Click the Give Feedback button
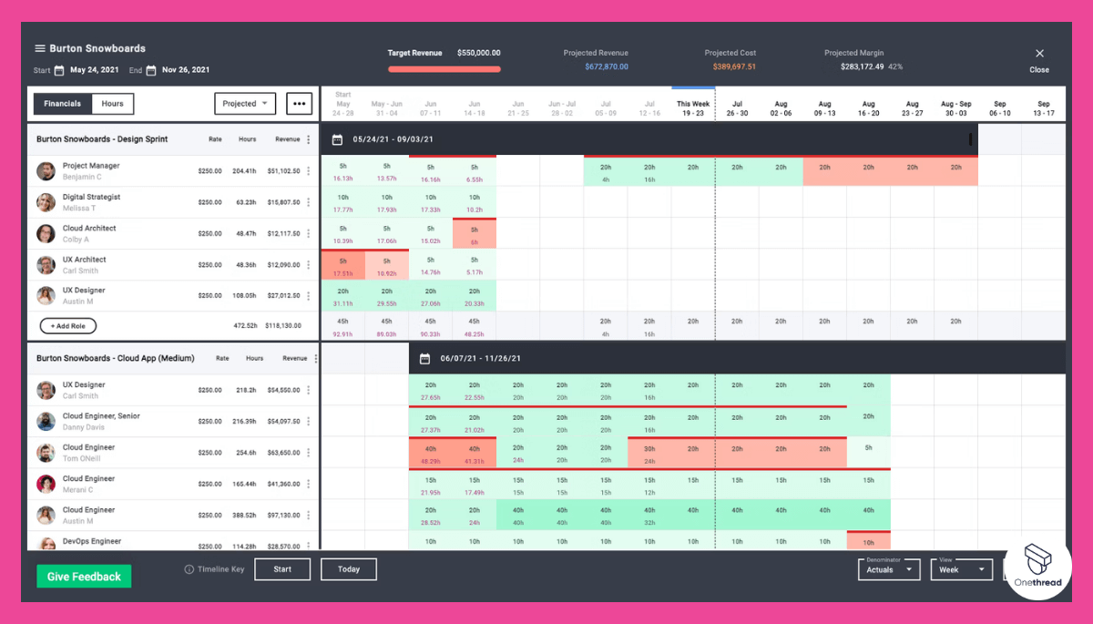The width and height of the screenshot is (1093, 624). point(84,577)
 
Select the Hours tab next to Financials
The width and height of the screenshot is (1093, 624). point(113,104)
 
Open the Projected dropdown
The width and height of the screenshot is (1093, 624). point(245,104)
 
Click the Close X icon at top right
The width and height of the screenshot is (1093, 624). point(1039,54)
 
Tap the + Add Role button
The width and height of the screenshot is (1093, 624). point(68,326)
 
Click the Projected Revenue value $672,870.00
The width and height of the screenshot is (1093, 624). point(607,66)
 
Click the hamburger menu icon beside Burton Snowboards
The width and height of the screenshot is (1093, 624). point(40,48)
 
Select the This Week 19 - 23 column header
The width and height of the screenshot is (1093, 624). point(693,109)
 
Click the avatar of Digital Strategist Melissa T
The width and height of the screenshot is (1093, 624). point(46,202)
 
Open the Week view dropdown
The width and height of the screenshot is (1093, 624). point(961,569)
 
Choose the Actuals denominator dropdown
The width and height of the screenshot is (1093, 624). point(889,569)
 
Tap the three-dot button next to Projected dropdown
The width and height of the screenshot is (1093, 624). point(300,104)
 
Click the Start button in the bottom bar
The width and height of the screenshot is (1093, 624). point(282,569)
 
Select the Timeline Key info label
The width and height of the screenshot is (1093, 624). point(215,569)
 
